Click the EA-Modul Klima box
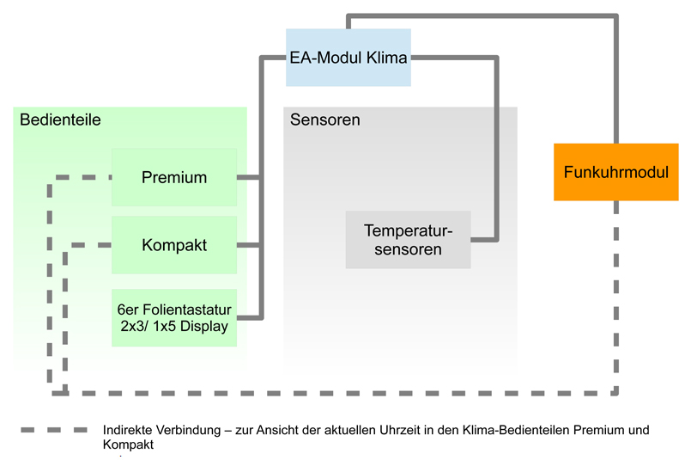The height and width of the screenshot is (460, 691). coord(349,58)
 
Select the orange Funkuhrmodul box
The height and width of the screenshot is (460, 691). coord(616,172)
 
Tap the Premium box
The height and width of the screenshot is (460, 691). coord(174,177)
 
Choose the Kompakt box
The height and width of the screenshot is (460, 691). coord(174,245)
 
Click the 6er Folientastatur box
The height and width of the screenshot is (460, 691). coord(174,318)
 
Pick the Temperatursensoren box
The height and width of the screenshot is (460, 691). coord(408,240)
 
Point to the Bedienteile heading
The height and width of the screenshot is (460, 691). coord(60,120)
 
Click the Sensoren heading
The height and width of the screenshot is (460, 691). coord(325,120)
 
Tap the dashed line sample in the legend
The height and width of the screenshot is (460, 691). coord(54,430)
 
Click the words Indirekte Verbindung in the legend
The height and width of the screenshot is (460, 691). coord(161,430)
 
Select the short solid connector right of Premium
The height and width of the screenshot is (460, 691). coord(249,177)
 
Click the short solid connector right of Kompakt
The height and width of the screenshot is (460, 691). coord(249,245)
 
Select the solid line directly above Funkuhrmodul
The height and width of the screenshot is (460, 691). coord(616,79)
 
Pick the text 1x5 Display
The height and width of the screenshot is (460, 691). coord(191,326)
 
